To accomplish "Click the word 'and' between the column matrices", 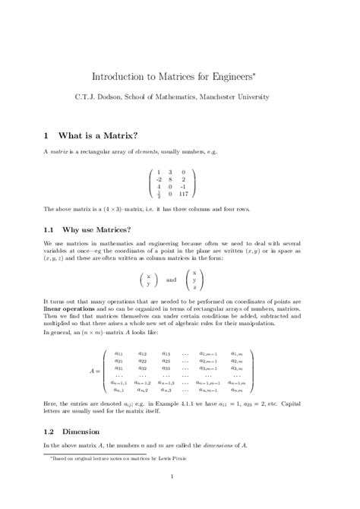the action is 170,280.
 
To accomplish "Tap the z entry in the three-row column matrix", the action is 194,288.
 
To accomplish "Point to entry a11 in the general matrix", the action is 119,353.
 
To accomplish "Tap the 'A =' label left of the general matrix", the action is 96,371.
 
